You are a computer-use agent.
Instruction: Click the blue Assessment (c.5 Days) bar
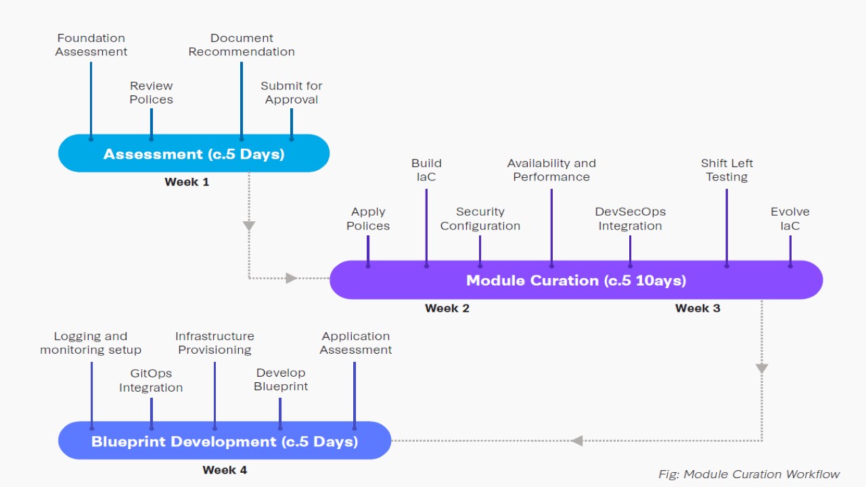coord(193,154)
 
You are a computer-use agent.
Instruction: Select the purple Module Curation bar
coord(576,280)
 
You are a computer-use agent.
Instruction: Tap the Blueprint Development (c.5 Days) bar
coord(225,441)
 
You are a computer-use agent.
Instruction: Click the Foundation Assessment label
coord(91,45)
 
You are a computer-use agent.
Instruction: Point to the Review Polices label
coord(152,93)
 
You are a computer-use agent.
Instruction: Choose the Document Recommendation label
coord(242,45)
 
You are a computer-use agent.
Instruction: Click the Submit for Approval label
coord(292,93)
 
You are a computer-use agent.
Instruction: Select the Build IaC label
coord(426,170)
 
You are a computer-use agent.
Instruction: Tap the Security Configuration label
coord(480,218)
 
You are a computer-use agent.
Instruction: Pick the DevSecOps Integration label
coord(630,218)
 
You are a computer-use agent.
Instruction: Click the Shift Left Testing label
coord(727,170)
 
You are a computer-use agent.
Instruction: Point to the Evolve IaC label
coord(790,218)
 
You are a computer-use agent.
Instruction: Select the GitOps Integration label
coord(151,380)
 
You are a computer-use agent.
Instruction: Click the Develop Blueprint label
coord(281,379)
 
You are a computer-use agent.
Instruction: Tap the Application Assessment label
coord(356,343)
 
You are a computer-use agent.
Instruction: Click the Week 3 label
coord(698,308)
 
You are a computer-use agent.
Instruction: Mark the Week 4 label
coord(225,470)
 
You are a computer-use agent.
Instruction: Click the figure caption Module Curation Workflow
coord(749,474)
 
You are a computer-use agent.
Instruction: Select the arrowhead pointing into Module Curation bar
coord(291,277)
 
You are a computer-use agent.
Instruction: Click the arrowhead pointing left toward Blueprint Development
coord(576,441)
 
